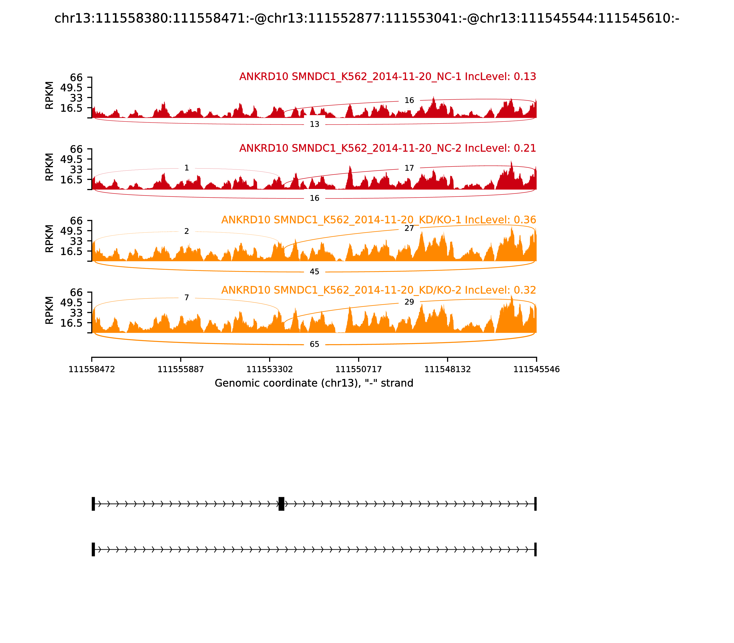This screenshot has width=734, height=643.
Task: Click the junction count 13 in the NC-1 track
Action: click(x=314, y=124)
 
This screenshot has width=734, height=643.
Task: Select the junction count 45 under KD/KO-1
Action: click(x=314, y=272)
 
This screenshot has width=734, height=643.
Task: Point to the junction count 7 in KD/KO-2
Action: click(x=186, y=297)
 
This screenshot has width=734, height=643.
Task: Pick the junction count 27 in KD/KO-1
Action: click(x=409, y=228)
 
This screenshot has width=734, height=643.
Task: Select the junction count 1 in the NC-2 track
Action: click(x=186, y=168)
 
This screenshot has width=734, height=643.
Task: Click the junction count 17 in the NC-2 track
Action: click(x=409, y=168)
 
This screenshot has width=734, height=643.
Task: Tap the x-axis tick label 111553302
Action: click(x=270, y=369)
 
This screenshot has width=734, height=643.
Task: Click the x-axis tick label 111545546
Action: click(x=536, y=369)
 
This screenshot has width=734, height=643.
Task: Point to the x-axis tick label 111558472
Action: click(x=92, y=369)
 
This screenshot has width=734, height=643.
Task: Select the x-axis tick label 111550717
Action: click(x=358, y=369)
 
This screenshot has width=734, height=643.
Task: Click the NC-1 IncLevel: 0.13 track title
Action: click(x=387, y=76)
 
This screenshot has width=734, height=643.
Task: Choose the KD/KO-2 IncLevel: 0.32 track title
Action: click(x=378, y=290)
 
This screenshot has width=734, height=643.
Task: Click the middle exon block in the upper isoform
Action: click(x=281, y=504)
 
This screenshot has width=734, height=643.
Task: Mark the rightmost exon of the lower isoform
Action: click(x=535, y=549)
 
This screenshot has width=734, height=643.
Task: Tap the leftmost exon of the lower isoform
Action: click(x=93, y=549)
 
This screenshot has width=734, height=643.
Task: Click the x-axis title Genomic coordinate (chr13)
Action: click(x=314, y=383)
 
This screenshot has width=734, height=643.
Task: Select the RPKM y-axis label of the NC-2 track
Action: click(x=50, y=167)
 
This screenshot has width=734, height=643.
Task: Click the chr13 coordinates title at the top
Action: click(x=367, y=18)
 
